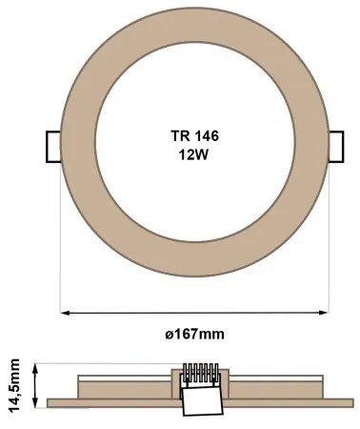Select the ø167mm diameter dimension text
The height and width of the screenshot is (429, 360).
pyautogui.click(x=193, y=334)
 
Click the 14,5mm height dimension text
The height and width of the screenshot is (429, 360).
pyautogui.click(x=13, y=382)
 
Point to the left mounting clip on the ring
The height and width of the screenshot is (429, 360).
pyautogui.click(x=52, y=146)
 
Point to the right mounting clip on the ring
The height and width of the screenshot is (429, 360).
pyautogui.click(x=335, y=146)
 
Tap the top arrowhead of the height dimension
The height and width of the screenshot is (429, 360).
pyautogui.click(x=36, y=366)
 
